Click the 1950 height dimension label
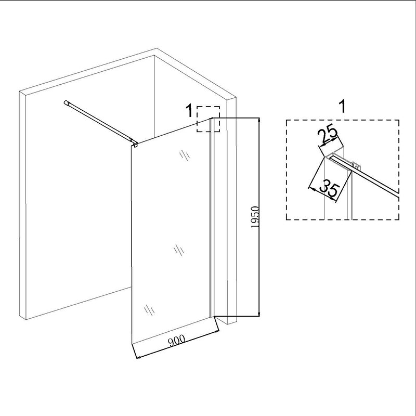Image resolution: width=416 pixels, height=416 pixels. click(x=255, y=216)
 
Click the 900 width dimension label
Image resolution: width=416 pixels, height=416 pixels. click(x=177, y=341)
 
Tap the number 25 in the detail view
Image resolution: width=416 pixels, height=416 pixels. click(x=327, y=134)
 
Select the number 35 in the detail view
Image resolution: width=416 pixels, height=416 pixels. click(x=330, y=188)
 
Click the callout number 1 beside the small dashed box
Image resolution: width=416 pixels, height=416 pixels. click(x=189, y=111)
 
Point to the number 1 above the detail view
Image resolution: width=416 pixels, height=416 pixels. click(x=343, y=107)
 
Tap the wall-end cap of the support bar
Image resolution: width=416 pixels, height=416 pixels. click(x=66, y=102)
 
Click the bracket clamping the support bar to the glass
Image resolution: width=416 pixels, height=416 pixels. click(x=136, y=144)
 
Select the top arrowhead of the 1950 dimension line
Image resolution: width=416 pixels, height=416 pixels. click(x=259, y=120)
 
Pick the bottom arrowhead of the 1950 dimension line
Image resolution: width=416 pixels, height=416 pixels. click(x=259, y=314)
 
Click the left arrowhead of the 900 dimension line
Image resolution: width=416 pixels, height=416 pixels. click(x=139, y=357)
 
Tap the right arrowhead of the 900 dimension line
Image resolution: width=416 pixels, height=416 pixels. click(x=216, y=331)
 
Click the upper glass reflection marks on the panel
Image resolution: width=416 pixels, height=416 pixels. click(x=185, y=155)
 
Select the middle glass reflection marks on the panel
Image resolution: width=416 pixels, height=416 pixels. click(x=178, y=250)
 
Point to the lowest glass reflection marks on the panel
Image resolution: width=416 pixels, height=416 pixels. click(x=149, y=310)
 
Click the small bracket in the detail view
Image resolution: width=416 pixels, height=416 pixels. click(x=357, y=165)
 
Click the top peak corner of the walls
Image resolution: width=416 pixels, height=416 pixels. click(x=157, y=48)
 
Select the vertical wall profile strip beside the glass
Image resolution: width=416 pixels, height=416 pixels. click(x=212, y=217)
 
